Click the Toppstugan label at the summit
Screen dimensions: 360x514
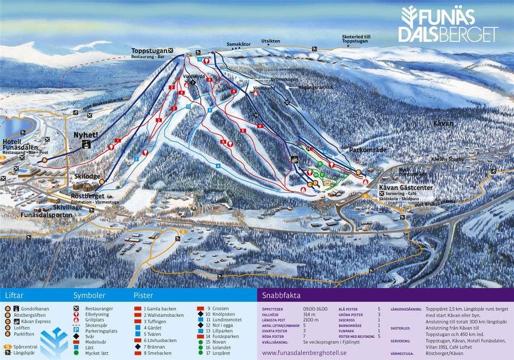[x=149, y=50]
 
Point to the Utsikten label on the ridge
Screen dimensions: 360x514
[x=270, y=41]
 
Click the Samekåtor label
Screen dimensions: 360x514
[x=238, y=44]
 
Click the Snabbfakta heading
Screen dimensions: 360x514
[x=282, y=296]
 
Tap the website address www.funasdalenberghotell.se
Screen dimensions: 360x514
[x=304, y=353]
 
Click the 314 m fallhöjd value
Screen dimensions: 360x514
[x=308, y=314]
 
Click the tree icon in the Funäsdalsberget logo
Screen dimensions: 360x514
[x=409, y=17]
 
